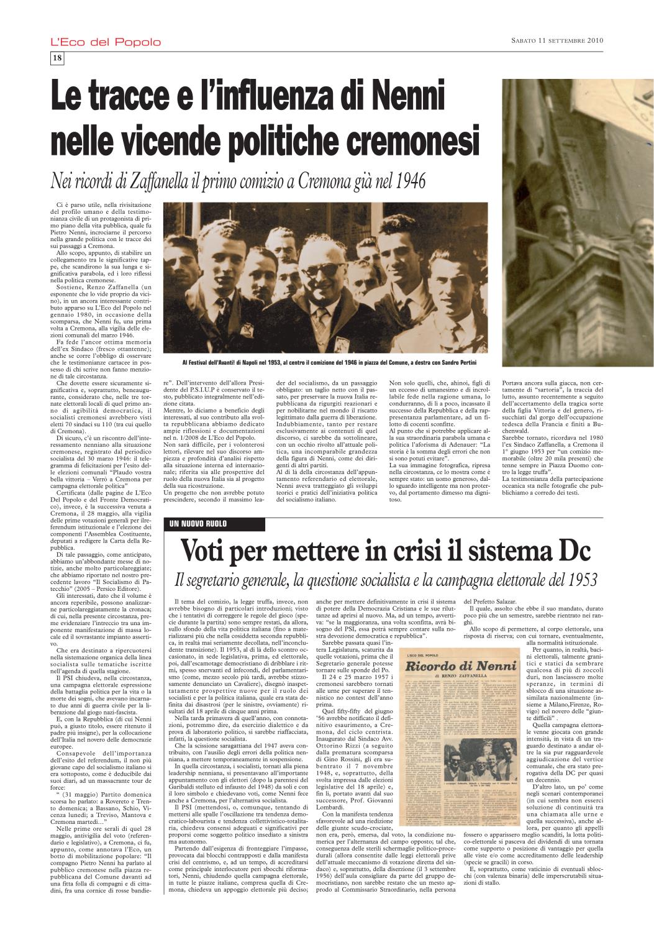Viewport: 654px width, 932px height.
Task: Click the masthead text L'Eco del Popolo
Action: click(x=106, y=42)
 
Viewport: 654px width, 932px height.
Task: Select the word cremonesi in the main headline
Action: click(x=406, y=141)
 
